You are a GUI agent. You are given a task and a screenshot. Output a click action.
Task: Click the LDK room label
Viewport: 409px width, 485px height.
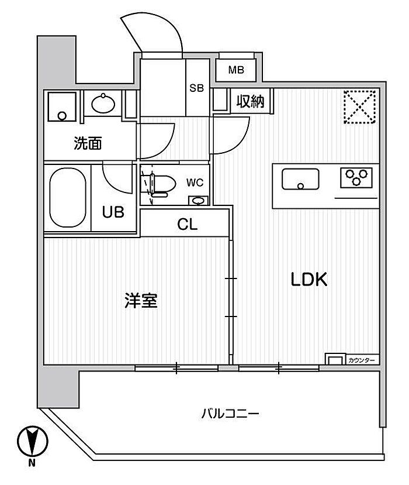point(309,279)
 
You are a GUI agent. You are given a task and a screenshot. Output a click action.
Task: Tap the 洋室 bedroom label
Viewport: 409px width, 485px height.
point(141,300)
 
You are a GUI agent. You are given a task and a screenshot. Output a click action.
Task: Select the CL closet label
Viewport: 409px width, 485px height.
point(187,224)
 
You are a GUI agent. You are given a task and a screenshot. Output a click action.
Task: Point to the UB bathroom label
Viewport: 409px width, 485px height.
point(113,212)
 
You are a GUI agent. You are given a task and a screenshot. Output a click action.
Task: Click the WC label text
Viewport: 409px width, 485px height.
point(195,183)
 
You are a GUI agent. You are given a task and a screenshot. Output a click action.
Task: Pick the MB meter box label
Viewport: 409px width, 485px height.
point(236,70)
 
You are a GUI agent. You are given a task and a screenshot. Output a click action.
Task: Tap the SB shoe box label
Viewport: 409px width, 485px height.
point(196,88)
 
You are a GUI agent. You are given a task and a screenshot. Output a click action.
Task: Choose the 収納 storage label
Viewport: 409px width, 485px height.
point(250,101)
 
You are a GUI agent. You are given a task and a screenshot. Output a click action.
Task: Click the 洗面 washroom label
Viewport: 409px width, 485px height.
point(88,143)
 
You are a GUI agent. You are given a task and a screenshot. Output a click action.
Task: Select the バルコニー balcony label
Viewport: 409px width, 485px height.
point(230,414)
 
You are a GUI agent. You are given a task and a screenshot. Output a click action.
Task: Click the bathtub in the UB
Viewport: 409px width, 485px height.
point(68,197)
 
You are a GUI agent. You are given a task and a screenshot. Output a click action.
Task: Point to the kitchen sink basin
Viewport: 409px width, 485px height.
point(300,179)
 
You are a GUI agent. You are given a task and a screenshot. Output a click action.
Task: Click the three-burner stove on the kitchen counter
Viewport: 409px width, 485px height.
point(356,178)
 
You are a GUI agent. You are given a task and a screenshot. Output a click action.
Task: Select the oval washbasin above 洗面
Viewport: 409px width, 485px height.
point(103,103)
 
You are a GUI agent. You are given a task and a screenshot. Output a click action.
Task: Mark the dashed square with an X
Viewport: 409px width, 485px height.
point(360,106)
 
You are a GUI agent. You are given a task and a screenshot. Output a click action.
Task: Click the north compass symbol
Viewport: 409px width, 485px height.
point(33,441)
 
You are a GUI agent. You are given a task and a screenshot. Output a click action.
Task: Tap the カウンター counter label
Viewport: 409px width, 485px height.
point(362,360)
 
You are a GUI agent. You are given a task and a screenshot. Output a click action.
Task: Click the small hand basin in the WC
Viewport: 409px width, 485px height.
point(198,201)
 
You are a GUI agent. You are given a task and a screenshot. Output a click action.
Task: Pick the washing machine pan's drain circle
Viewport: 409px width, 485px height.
point(62,116)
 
